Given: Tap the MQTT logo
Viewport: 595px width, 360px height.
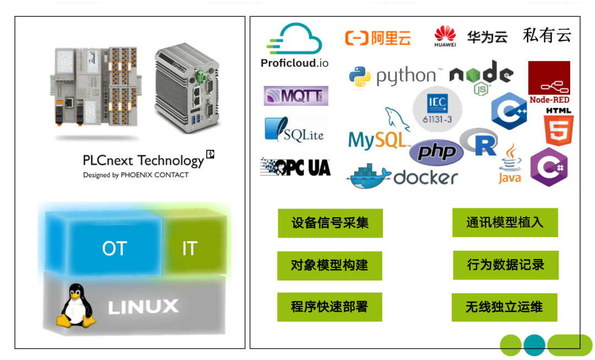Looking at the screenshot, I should pos(296,96).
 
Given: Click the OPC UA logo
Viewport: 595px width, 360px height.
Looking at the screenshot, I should pos(295,167).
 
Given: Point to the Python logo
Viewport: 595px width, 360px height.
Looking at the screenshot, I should pos(360,78).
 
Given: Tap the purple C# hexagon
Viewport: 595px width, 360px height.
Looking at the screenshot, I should pos(549,167).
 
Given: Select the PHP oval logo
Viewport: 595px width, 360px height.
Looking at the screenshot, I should pos(436,152).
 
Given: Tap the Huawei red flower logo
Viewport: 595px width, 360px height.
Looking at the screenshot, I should pos(445,35).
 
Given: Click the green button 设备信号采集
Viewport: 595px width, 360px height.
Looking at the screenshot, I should pos(330,223).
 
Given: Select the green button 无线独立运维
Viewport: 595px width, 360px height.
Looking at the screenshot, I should pos(504,307).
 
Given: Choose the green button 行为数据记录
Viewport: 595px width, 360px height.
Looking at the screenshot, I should pos(505,265).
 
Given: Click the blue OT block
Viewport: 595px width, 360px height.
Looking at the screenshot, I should pos(115,249).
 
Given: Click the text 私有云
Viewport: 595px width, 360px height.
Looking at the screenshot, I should pos(547,36).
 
